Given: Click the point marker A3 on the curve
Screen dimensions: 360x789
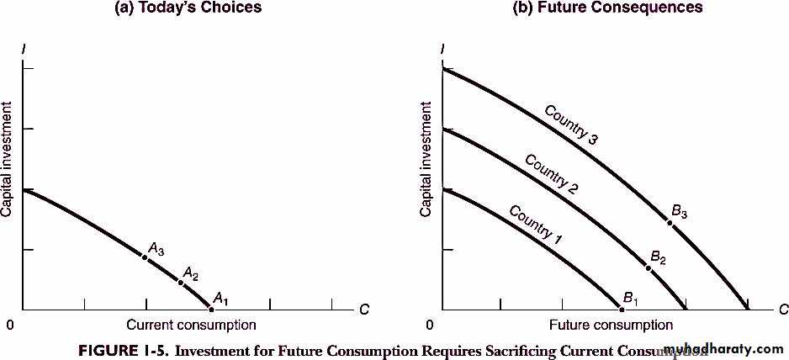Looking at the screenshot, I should tap(146, 257).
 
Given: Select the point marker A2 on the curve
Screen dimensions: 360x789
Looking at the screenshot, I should tap(181, 282).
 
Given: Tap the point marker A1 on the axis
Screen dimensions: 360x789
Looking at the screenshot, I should tap(210, 309).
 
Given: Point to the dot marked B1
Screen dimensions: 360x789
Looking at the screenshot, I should tap(622, 309).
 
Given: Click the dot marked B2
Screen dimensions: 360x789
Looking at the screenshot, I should tap(648, 267).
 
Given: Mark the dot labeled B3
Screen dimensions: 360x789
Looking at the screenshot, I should tap(670, 222).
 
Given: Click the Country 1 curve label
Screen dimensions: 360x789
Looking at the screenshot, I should tap(535, 223).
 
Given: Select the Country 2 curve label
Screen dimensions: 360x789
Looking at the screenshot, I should tap(551, 174).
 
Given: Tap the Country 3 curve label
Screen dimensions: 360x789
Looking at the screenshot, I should tap(570, 125).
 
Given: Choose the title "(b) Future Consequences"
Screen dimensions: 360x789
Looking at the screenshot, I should tap(607, 8).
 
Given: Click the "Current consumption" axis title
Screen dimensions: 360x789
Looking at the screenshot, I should tap(191, 325).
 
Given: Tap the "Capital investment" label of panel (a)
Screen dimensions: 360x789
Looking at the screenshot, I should tap(8, 159).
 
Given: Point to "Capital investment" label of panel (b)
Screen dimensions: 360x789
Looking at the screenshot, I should tap(426, 159).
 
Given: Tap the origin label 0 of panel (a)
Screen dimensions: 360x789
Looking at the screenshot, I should tap(10, 326).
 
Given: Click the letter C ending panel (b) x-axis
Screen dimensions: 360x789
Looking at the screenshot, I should tap(782, 310).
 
